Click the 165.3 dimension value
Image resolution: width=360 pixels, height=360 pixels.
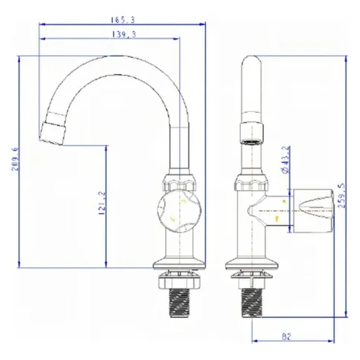coord(123,20)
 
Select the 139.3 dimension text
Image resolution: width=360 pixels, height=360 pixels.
coord(124,34)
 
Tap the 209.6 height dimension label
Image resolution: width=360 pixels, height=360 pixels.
coord(15,159)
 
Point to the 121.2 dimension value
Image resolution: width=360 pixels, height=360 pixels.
coord(102,203)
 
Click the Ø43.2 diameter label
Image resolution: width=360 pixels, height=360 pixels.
coord(286,160)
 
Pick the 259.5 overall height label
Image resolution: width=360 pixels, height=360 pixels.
coord(342,195)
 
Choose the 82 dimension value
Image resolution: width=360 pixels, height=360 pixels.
coord(287,336)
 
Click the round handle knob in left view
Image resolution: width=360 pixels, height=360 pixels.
coord(179,211)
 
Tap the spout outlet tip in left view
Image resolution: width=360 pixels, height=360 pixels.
coord(52,134)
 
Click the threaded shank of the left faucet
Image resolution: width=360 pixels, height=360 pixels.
coord(179,303)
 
